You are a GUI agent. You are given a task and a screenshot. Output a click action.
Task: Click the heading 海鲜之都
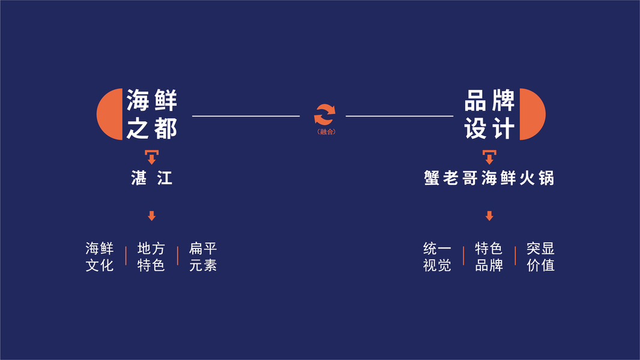tap(152, 114)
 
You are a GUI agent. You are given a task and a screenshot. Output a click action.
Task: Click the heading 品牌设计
tap(489, 114)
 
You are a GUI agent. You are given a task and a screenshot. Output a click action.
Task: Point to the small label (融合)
tap(325, 131)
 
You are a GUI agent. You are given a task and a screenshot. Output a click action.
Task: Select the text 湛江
tap(152, 178)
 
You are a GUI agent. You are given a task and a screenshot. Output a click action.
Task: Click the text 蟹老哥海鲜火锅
tap(488, 178)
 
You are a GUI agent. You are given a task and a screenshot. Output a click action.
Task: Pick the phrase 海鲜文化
tap(100, 257)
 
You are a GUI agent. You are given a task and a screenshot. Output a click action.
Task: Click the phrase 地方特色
tap(151, 257)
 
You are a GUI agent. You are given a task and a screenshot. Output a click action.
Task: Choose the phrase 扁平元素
tap(203, 257)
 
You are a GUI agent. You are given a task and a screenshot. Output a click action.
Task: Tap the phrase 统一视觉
tap(437, 257)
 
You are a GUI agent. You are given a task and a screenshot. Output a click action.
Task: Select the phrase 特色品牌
tap(489, 257)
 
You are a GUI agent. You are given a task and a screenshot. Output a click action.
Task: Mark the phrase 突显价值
tap(540, 257)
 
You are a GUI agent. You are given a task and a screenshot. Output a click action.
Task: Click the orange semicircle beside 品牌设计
tap(531, 114)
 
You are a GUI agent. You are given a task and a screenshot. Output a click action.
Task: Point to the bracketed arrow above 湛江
tap(152, 157)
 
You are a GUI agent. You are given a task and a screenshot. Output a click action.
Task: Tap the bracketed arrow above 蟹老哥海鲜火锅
tap(489, 157)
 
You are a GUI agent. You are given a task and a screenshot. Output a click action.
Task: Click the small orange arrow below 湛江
tap(152, 216)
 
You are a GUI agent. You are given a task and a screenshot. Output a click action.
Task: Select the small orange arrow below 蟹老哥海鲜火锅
tap(489, 216)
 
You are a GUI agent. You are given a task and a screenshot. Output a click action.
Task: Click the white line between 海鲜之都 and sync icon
tap(246, 116)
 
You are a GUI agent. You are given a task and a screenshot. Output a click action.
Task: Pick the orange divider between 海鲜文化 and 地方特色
tap(126, 256)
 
